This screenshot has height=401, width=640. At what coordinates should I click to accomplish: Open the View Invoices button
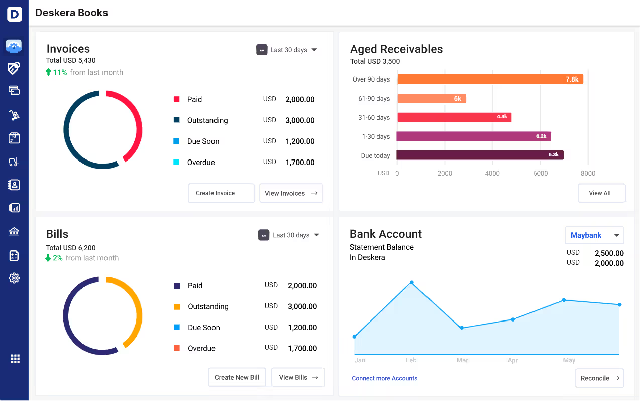click(x=290, y=193)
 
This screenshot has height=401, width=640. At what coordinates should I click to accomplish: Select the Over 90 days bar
click(x=490, y=79)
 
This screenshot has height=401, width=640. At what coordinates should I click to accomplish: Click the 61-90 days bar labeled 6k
click(x=432, y=99)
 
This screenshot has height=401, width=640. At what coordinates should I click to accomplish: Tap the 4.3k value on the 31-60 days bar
click(x=502, y=117)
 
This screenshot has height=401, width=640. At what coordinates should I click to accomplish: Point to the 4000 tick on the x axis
click(x=492, y=173)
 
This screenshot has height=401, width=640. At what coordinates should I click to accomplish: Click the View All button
click(x=601, y=193)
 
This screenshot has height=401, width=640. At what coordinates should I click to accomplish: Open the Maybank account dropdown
click(x=594, y=235)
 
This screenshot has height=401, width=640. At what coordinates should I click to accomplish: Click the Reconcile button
click(x=599, y=378)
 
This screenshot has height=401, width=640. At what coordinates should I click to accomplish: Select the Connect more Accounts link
click(x=384, y=378)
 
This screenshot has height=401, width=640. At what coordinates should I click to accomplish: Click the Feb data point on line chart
click(x=411, y=283)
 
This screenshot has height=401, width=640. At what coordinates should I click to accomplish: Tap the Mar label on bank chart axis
click(x=462, y=360)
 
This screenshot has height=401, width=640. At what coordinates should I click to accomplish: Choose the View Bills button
click(x=298, y=377)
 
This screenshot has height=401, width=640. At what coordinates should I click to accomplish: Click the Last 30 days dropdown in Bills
click(x=289, y=235)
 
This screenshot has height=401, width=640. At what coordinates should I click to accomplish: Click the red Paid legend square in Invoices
click(x=177, y=100)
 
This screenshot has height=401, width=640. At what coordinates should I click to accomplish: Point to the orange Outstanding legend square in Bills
click(x=177, y=307)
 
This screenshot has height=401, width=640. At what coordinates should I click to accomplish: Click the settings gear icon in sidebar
click(x=14, y=278)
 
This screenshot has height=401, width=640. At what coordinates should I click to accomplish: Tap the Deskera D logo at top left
click(x=14, y=14)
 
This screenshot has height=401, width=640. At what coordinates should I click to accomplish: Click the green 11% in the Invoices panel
click(x=60, y=72)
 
